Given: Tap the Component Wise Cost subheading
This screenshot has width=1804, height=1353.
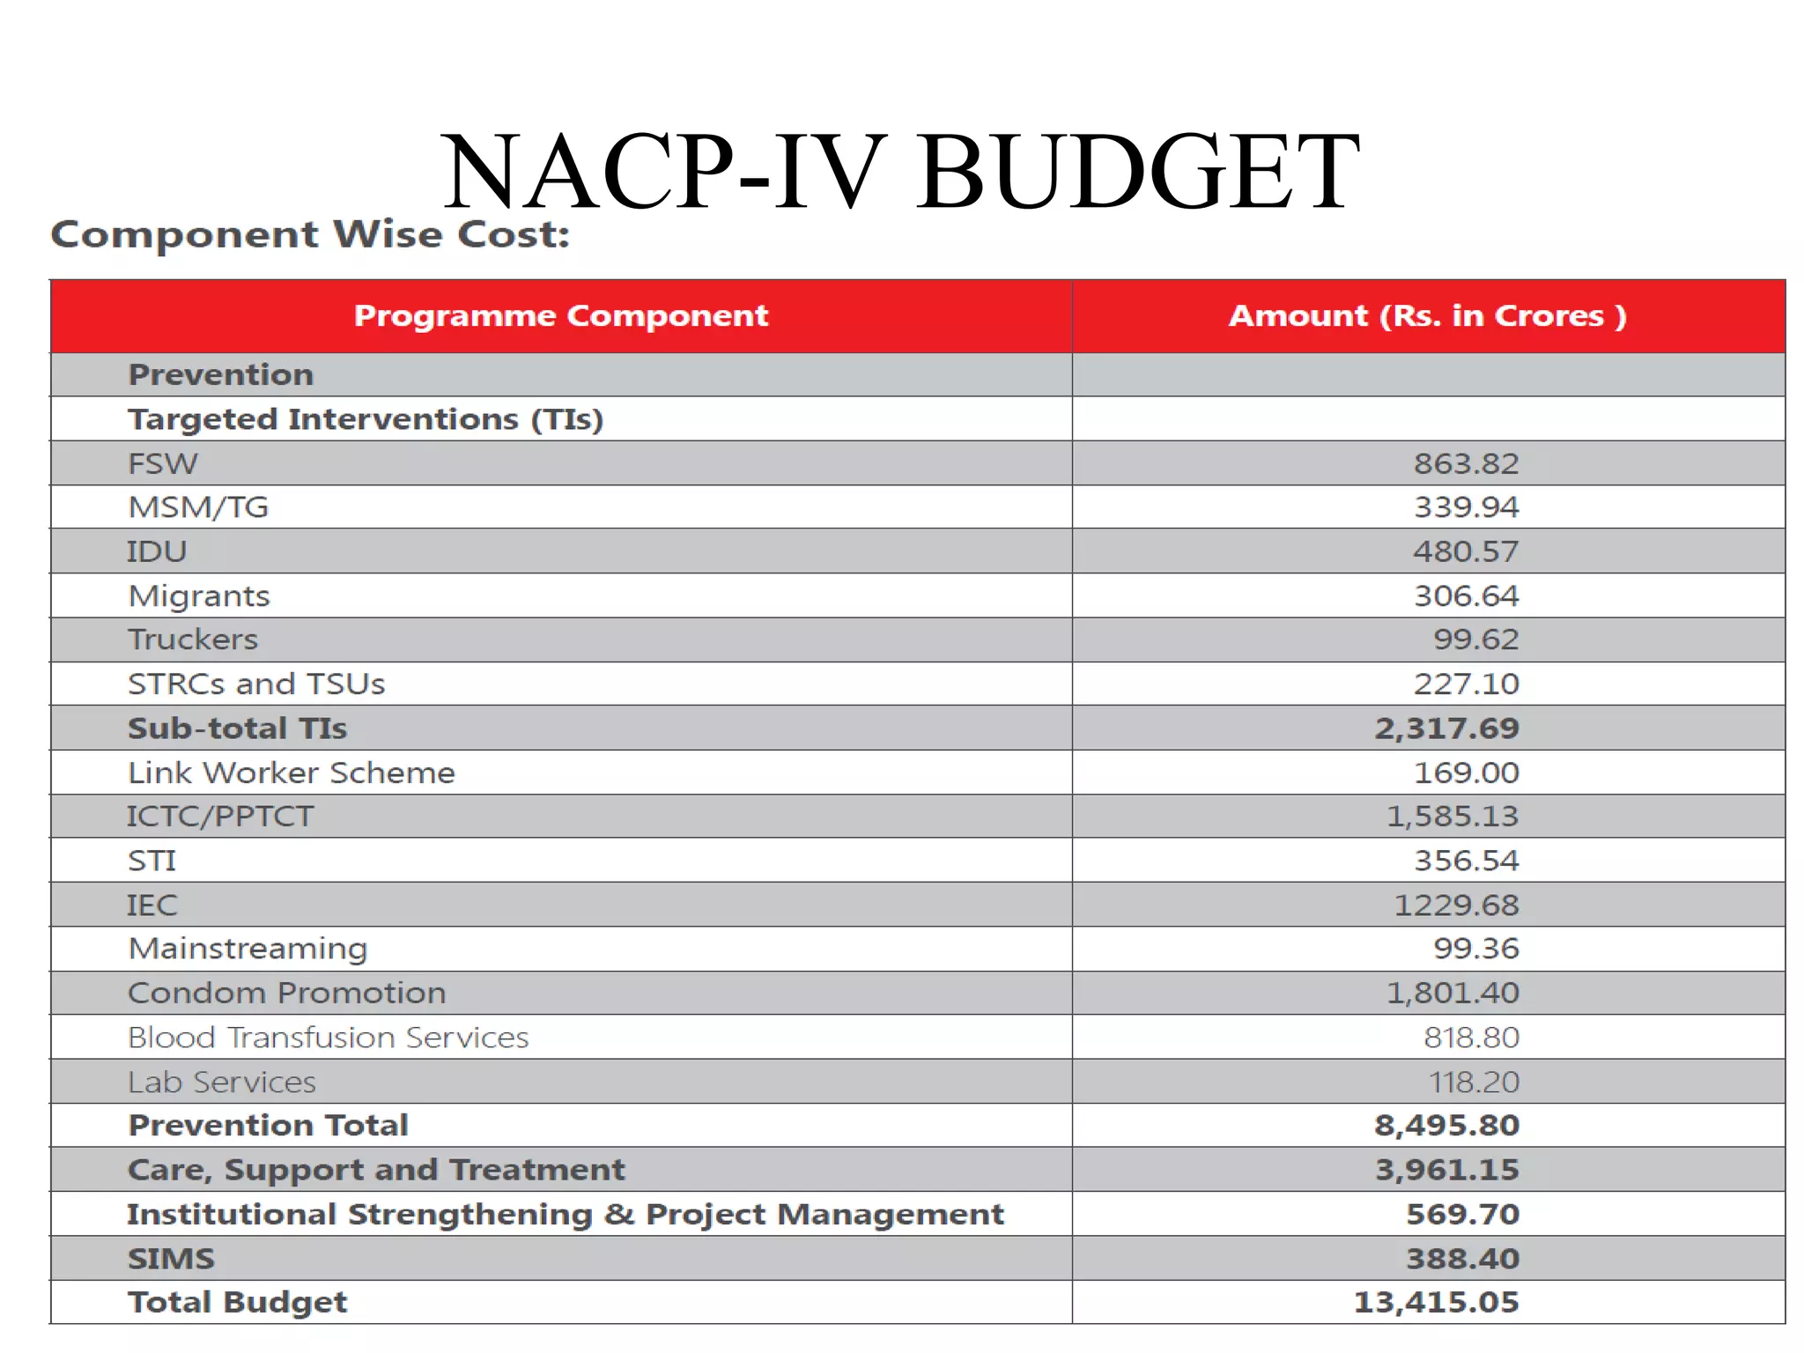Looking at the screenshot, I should tap(310, 234).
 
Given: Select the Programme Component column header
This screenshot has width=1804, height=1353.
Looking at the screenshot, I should tap(561, 316).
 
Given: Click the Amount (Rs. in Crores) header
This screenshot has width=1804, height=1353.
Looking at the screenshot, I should tap(1427, 316).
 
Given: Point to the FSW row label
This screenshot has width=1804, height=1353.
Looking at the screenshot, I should tap(163, 463).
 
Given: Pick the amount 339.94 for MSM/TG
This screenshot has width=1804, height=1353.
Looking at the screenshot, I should tap(1466, 507).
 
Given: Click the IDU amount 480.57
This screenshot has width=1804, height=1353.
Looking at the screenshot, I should tap(1466, 551).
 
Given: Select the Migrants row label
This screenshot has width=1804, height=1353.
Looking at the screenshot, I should tap(199, 596).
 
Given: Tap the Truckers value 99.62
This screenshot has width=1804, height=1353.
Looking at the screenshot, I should tap(1475, 640).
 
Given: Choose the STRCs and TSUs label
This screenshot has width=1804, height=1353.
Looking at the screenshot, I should tap(256, 684).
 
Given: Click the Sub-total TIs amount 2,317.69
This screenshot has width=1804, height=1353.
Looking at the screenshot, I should tap(1446, 728).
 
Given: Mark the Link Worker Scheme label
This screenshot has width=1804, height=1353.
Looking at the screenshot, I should tap(292, 773).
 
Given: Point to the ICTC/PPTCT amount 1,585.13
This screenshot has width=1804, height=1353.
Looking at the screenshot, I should tap(1453, 817).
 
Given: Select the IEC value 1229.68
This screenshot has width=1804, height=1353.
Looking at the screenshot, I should tap(1456, 906).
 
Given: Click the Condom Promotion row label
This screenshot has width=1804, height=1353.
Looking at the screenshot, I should tap(287, 994).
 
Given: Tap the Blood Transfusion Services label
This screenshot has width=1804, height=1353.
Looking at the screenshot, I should tap(328, 1038).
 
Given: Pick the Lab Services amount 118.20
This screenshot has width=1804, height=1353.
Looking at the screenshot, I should tap(1474, 1083).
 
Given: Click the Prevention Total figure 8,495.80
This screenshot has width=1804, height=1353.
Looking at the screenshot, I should tap(1446, 1126).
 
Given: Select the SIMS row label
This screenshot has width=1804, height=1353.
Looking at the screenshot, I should tap(171, 1259).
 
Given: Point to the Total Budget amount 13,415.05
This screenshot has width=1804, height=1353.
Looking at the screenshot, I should tap(1436, 1303).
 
